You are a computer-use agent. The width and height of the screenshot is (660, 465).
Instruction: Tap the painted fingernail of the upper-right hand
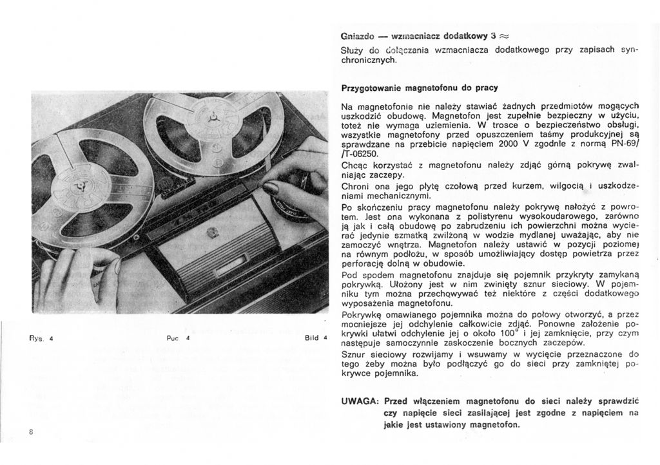(x=269, y=189)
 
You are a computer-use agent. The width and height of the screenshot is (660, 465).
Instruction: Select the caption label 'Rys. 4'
(x=41, y=336)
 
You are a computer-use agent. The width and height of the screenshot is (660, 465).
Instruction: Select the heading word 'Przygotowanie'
(x=371, y=86)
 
